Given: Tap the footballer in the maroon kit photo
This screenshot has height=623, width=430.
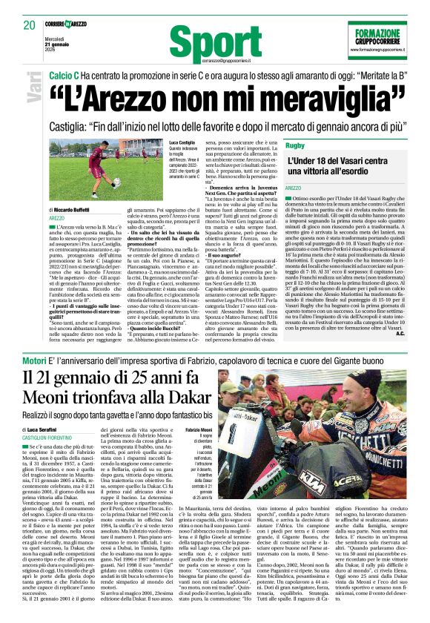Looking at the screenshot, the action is (x=98, y=169).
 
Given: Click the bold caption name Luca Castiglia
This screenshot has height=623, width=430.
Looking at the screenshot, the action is (x=182, y=142).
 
